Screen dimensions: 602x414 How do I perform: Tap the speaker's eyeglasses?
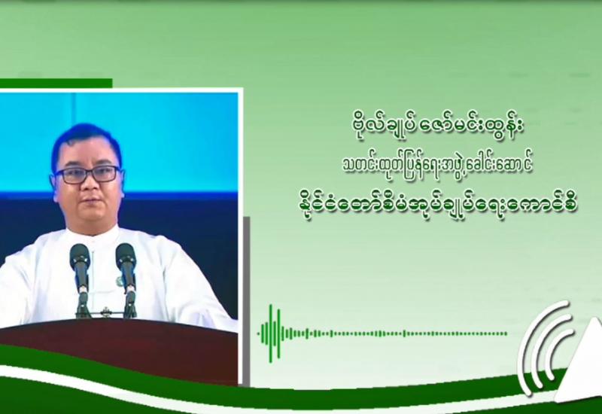(x=87, y=175)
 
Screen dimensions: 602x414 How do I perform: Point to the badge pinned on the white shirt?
(x=120, y=281)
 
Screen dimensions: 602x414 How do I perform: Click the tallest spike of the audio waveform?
(x=271, y=333)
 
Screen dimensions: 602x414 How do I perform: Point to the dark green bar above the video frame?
(x=56, y=83)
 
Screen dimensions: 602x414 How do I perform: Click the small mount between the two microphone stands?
(x=104, y=312)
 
